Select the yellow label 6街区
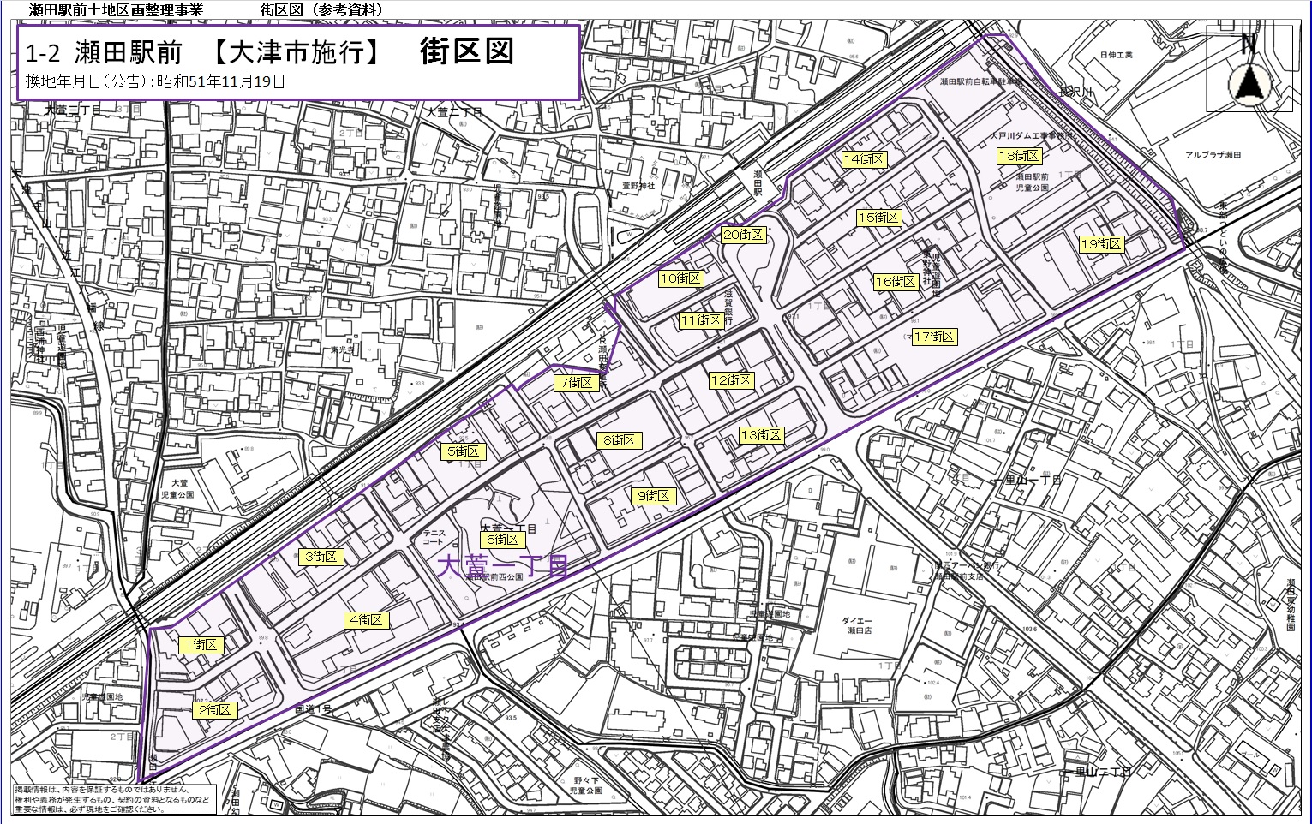pos(503,540)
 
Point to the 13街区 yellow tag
pos(761,435)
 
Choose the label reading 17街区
pos(934,337)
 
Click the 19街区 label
pos(1101,244)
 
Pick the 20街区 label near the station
pos(743,235)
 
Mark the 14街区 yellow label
pos(864,159)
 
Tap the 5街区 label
pos(464,451)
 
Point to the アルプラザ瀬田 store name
pos(1213,155)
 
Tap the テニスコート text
pos(433,537)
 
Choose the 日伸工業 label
pos(1116,55)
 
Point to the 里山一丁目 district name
pos(1033,480)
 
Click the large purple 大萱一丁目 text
pos(503,566)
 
